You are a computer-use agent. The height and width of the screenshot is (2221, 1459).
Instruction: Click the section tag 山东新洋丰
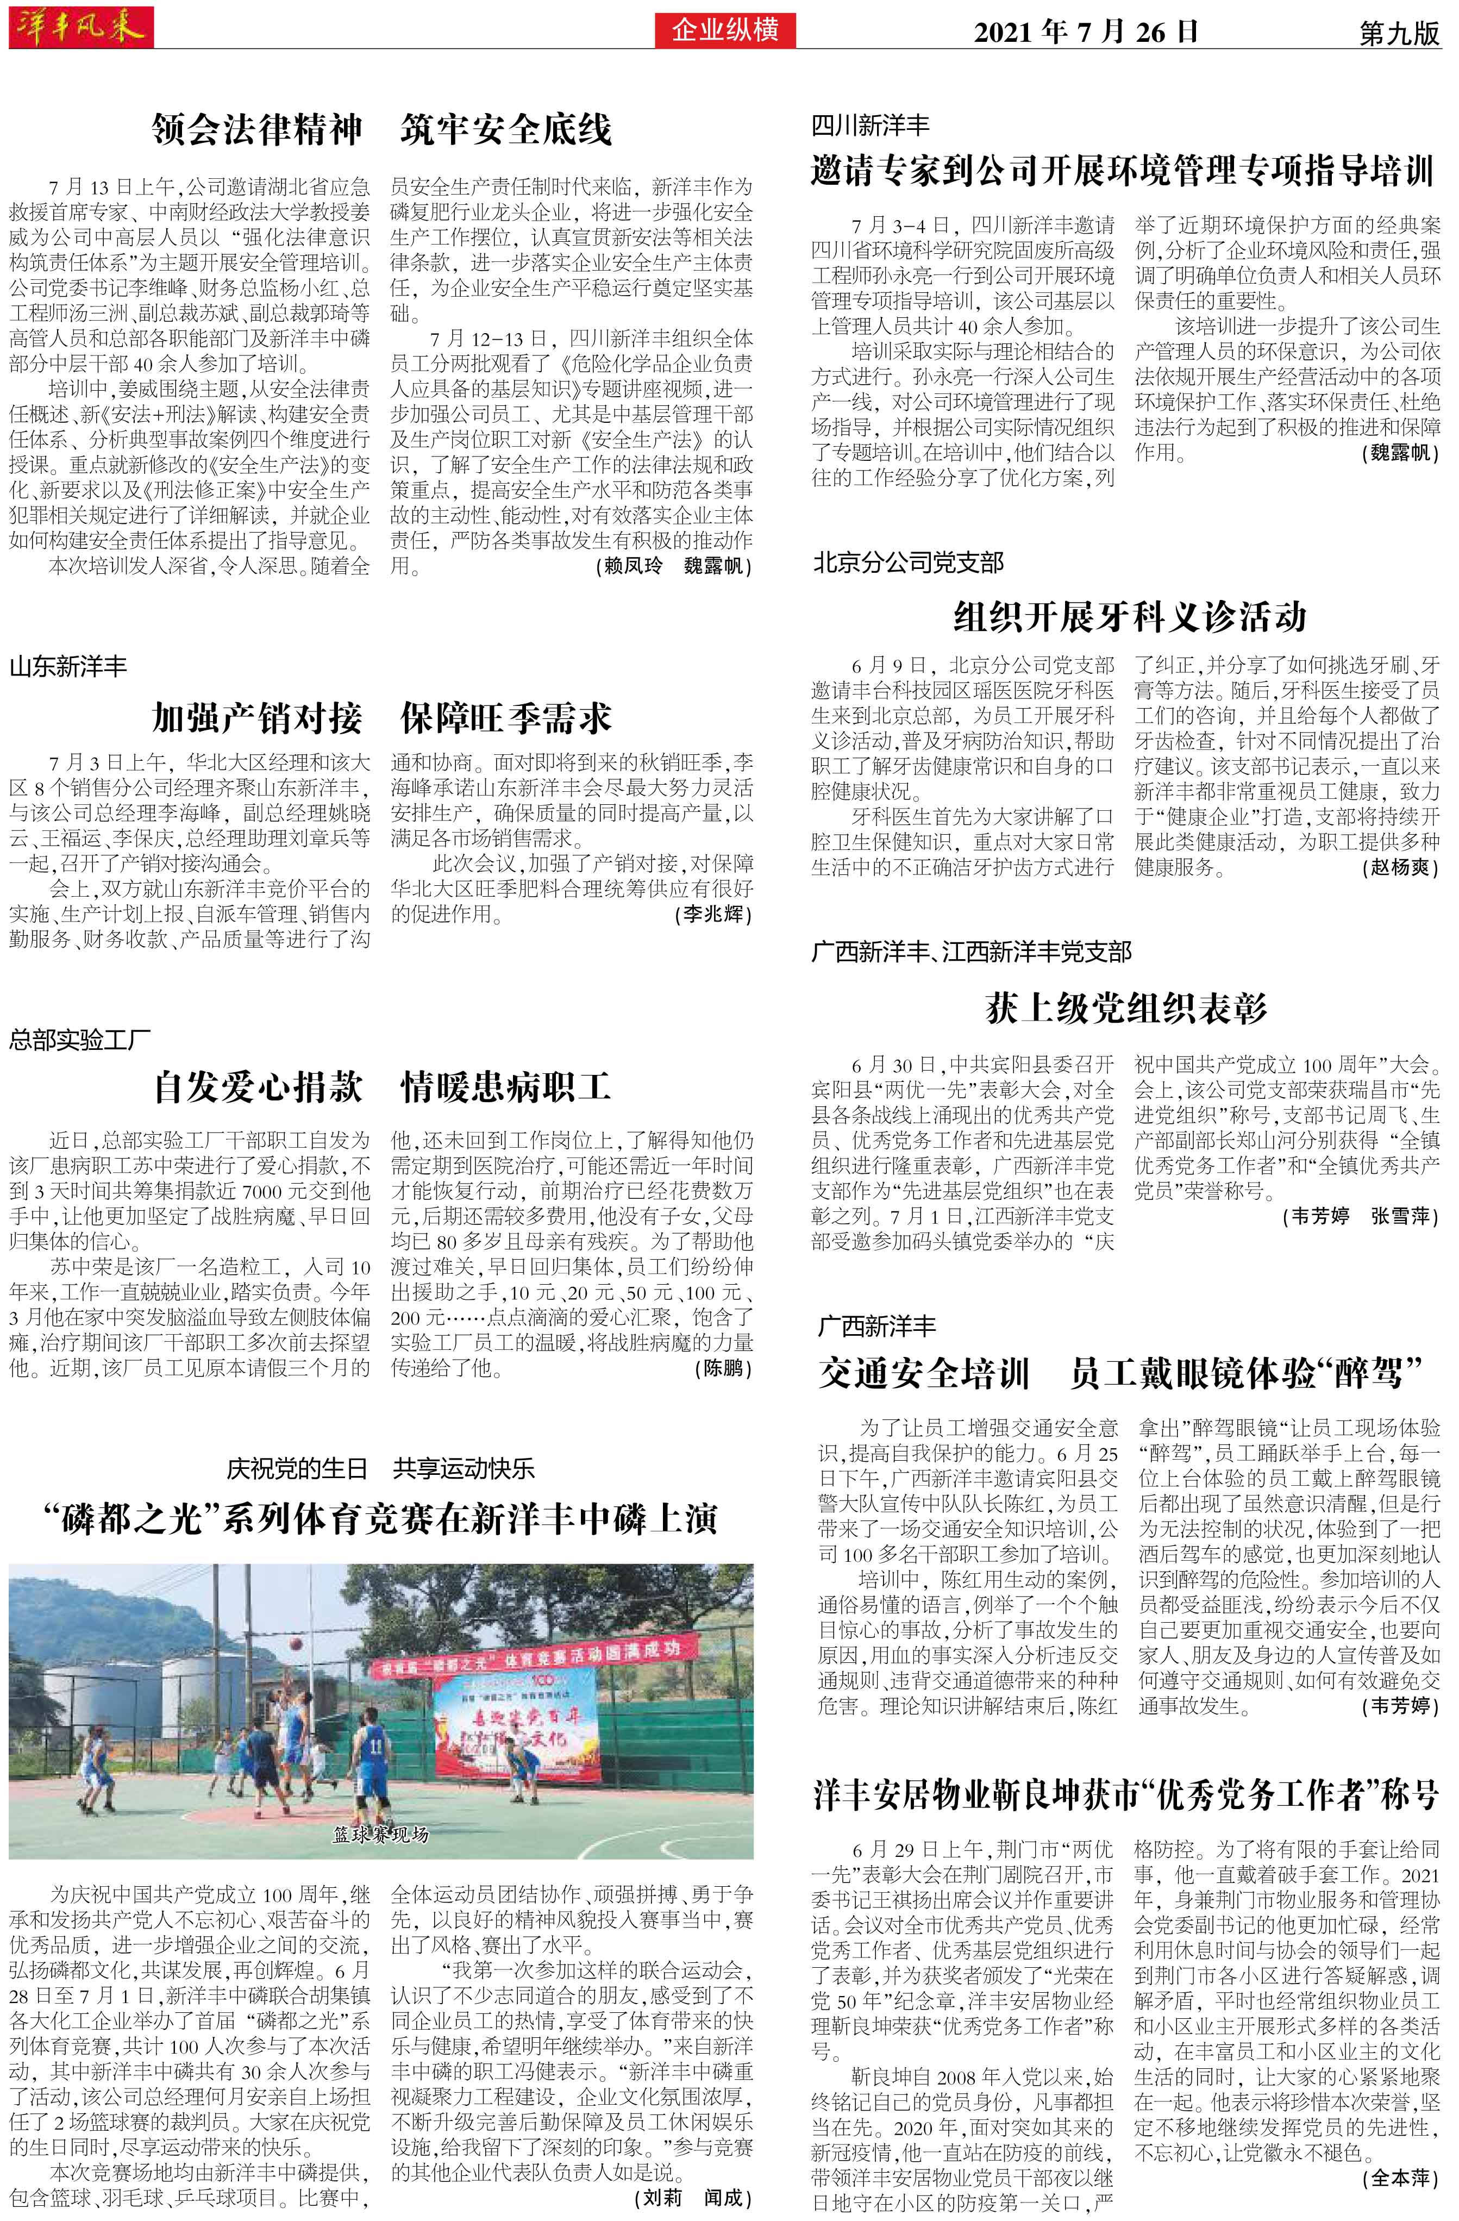[x=68, y=666]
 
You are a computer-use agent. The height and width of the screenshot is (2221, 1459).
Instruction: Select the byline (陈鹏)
[x=723, y=1369]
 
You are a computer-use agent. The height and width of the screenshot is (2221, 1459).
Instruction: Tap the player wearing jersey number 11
[x=374, y=1745]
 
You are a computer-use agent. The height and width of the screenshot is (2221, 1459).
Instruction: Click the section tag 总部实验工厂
[x=80, y=1040]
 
